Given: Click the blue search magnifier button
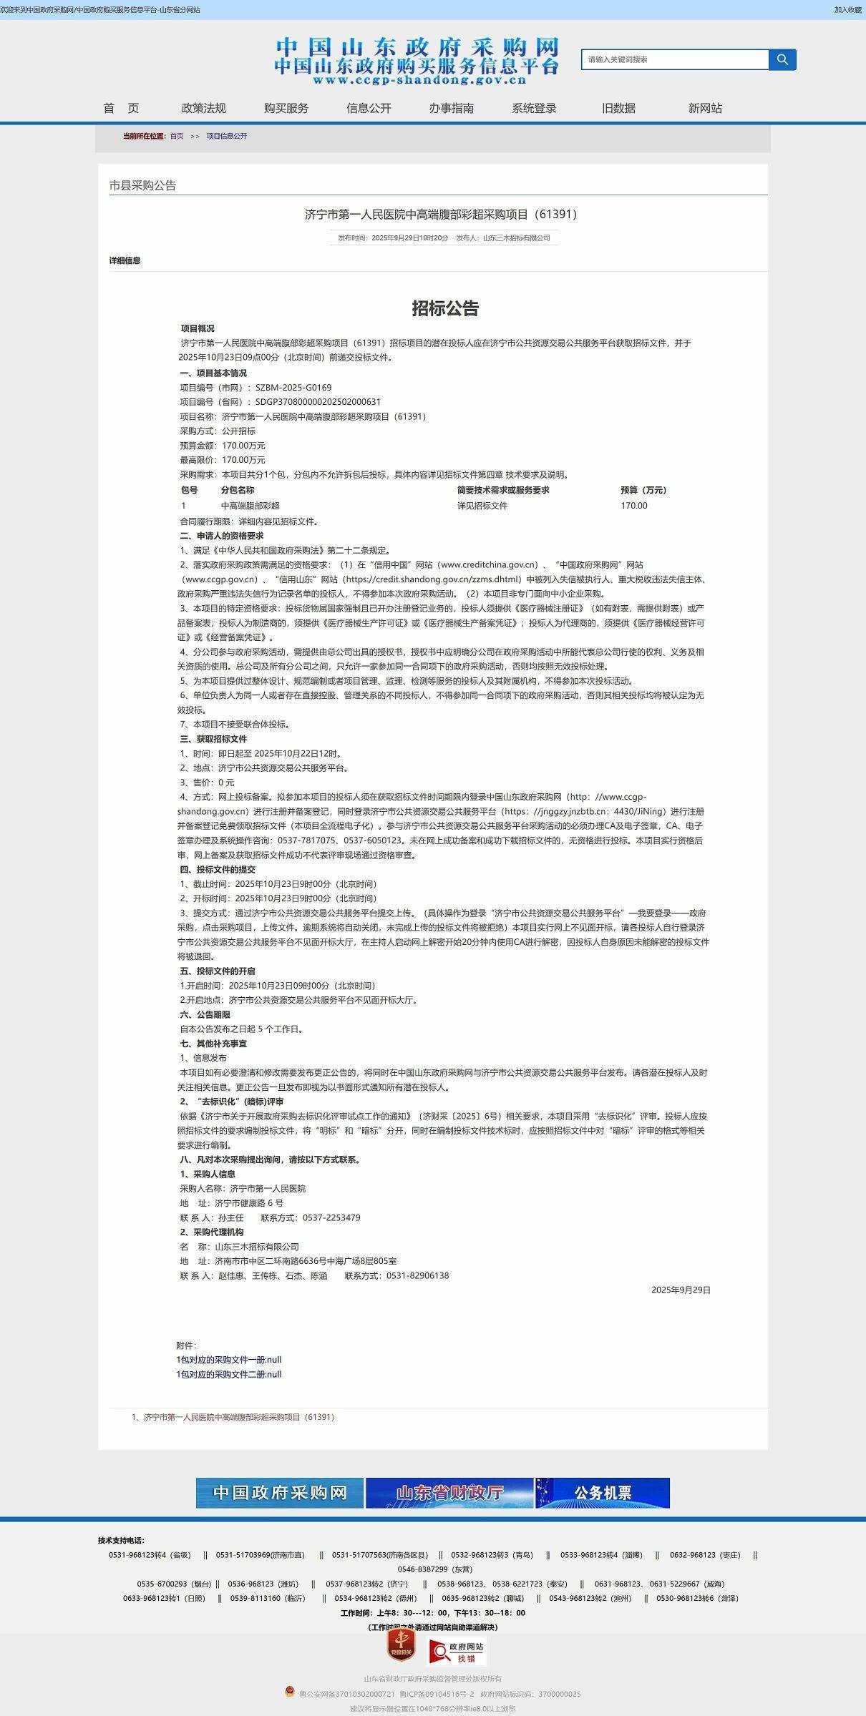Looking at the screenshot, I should [782, 59].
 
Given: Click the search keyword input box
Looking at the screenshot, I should [674, 59].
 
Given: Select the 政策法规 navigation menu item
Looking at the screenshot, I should [203, 108].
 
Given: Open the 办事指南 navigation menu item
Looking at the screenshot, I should [451, 108].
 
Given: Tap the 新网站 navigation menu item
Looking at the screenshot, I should [705, 108].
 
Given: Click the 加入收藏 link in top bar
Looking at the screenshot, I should [847, 10].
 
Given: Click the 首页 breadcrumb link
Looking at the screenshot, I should [177, 136].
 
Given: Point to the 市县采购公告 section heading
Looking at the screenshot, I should [142, 185].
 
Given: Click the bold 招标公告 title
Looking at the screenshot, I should [445, 308].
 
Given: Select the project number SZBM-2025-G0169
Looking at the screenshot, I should [293, 388].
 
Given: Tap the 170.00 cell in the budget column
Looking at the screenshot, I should [633, 506].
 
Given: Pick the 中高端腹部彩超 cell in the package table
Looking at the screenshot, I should [250, 506].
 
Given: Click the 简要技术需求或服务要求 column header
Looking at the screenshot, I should [503, 490].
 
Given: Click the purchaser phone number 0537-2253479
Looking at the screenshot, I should [331, 1217].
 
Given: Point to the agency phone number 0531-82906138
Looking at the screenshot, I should [418, 1275].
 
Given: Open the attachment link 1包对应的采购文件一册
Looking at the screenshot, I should [229, 1360].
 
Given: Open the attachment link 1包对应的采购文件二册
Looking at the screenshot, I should [229, 1374].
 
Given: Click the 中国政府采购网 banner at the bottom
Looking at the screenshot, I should [279, 1493].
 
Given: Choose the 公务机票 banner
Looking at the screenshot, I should [603, 1493].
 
